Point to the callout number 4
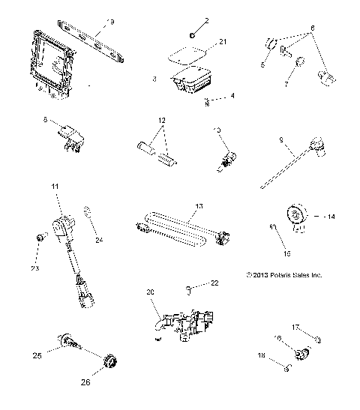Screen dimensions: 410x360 point(211,95)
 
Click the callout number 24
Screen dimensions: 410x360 point(97,240)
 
